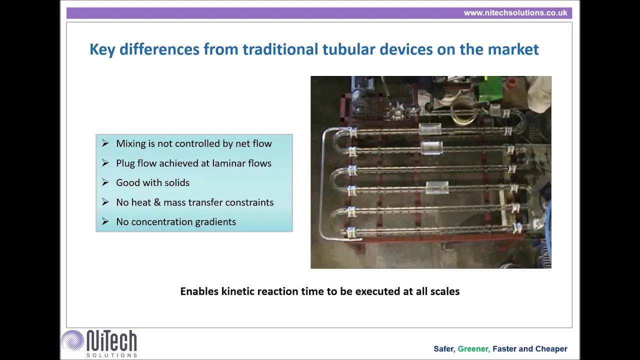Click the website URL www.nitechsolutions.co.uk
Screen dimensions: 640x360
(515, 13)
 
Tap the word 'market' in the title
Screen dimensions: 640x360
(513, 49)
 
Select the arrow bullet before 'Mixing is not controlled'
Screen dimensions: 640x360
(105, 143)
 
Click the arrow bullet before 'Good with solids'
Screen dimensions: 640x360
(105, 182)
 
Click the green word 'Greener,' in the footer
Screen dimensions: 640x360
(474, 349)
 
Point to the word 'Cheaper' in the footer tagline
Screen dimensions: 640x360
(551, 349)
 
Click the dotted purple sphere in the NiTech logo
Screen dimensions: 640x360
(72, 340)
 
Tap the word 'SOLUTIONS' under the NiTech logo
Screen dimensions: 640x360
(111, 355)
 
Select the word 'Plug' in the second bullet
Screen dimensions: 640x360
(125, 163)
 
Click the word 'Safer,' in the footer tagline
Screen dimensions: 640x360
(444, 349)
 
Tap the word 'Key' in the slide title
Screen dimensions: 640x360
(102, 49)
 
